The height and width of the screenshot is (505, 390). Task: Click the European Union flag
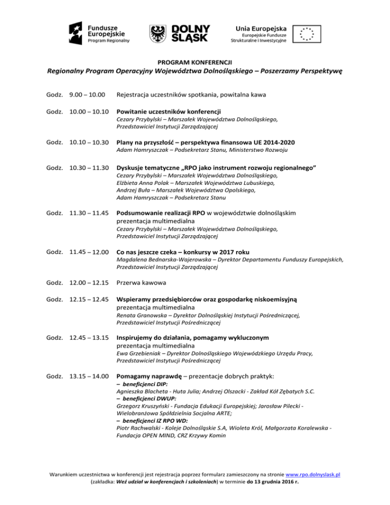tap(307, 33)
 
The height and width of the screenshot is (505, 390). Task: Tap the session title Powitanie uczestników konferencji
tap(169, 111)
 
